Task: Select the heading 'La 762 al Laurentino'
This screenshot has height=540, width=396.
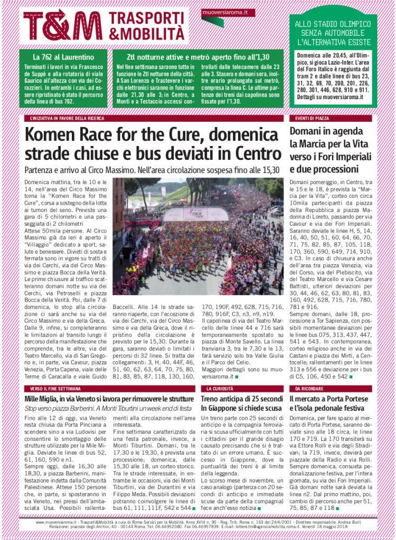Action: (x=63, y=56)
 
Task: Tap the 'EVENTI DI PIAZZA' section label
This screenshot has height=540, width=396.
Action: (x=309, y=119)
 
